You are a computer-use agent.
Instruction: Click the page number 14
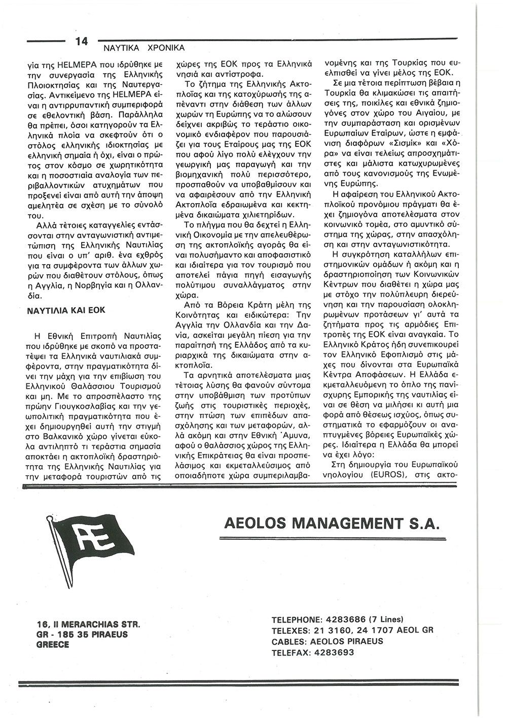coord(81,41)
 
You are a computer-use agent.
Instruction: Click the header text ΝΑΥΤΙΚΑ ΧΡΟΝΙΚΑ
coord(144,48)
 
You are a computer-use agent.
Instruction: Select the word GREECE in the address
coord(53,645)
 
